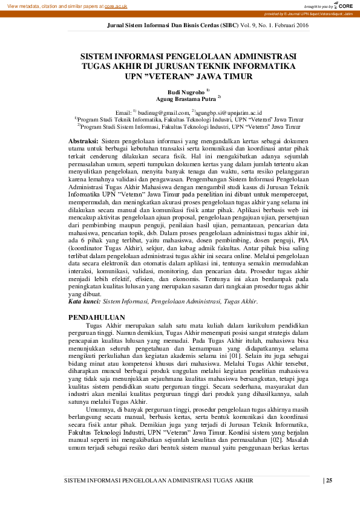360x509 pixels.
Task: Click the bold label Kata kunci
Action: tap(84, 300)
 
